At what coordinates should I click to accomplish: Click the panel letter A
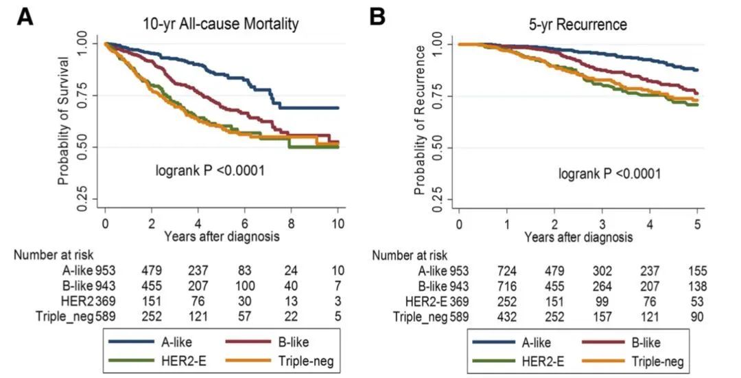[x=25, y=17]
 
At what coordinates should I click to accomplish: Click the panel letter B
[x=377, y=17]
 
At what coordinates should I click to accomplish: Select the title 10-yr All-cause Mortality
[x=220, y=25]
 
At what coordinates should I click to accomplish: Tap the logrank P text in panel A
[x=210, y=168]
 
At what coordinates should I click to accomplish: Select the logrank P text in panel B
[x=609, y=174]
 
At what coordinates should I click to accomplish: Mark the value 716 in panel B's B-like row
[x=508, y=285]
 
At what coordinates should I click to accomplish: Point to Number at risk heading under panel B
[x=410, y=255]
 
